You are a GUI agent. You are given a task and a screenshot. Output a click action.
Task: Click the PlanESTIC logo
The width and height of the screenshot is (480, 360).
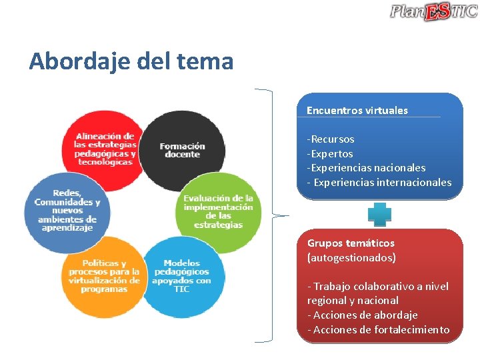[433, 11]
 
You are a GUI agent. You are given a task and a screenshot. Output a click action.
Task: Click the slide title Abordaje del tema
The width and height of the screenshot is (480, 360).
[131, 62]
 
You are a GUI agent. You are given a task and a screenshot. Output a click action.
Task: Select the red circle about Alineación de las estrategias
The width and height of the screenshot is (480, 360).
[105, 149]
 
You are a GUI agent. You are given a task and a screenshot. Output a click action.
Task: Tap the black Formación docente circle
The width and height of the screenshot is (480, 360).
[182, 149]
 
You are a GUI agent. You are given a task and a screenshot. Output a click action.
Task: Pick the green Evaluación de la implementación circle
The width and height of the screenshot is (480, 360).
[218, 211]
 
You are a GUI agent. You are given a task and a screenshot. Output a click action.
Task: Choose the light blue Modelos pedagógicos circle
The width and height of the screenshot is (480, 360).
[181, 276]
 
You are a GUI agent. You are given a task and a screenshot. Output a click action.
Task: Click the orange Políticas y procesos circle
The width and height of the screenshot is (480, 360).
[104, 276]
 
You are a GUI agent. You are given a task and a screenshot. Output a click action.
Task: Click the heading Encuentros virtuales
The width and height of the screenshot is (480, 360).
[357, 111]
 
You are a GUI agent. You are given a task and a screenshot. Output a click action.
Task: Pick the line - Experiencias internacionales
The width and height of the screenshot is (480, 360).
[379, 182]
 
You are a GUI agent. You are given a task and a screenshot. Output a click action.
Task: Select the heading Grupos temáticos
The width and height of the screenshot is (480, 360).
[351, 243]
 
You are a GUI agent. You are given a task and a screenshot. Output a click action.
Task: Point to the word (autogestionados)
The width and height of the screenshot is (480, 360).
[351, 257]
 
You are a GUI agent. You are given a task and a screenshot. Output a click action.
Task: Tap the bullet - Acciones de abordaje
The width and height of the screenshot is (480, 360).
[362, 315]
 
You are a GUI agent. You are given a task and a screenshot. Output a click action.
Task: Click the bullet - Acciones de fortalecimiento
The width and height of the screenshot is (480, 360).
[378, 329]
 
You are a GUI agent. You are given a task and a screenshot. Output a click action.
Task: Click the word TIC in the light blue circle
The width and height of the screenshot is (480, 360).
[181, 289]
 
